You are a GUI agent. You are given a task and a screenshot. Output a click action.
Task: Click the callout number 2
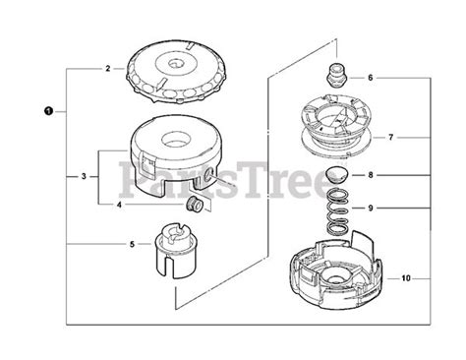click(109, 70)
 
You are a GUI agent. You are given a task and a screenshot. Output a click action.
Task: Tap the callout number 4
click(120, 205)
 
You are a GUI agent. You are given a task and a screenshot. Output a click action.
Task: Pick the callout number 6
click(370, 77)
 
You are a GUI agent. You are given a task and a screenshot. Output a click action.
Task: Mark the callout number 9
click(370, 210)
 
